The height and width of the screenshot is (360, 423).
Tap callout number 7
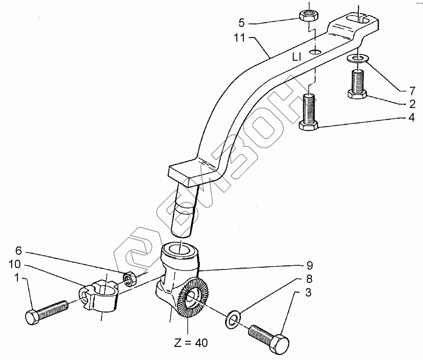(x=411, y=90)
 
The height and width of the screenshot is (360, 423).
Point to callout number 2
(x=411, y=104)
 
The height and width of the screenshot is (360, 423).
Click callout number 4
(x=411, y=118)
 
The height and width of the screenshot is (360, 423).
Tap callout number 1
(x=17, y=278)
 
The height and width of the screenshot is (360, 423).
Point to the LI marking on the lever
(x=296, y=57)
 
